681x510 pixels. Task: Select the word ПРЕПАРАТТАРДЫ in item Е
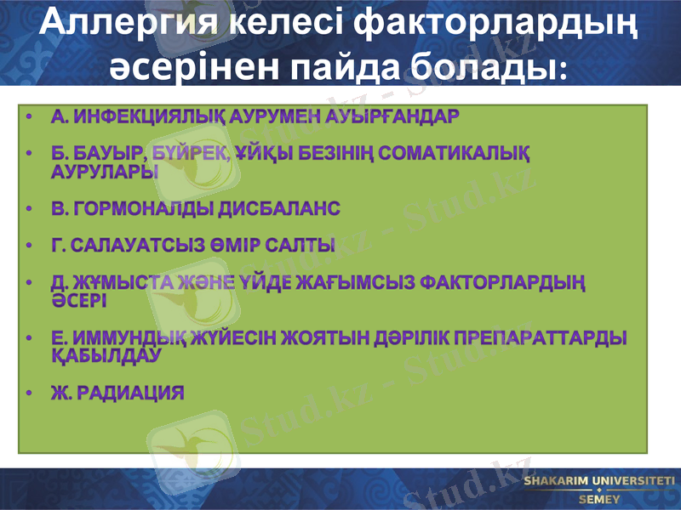pyautogui.click(x=539, y=338)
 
